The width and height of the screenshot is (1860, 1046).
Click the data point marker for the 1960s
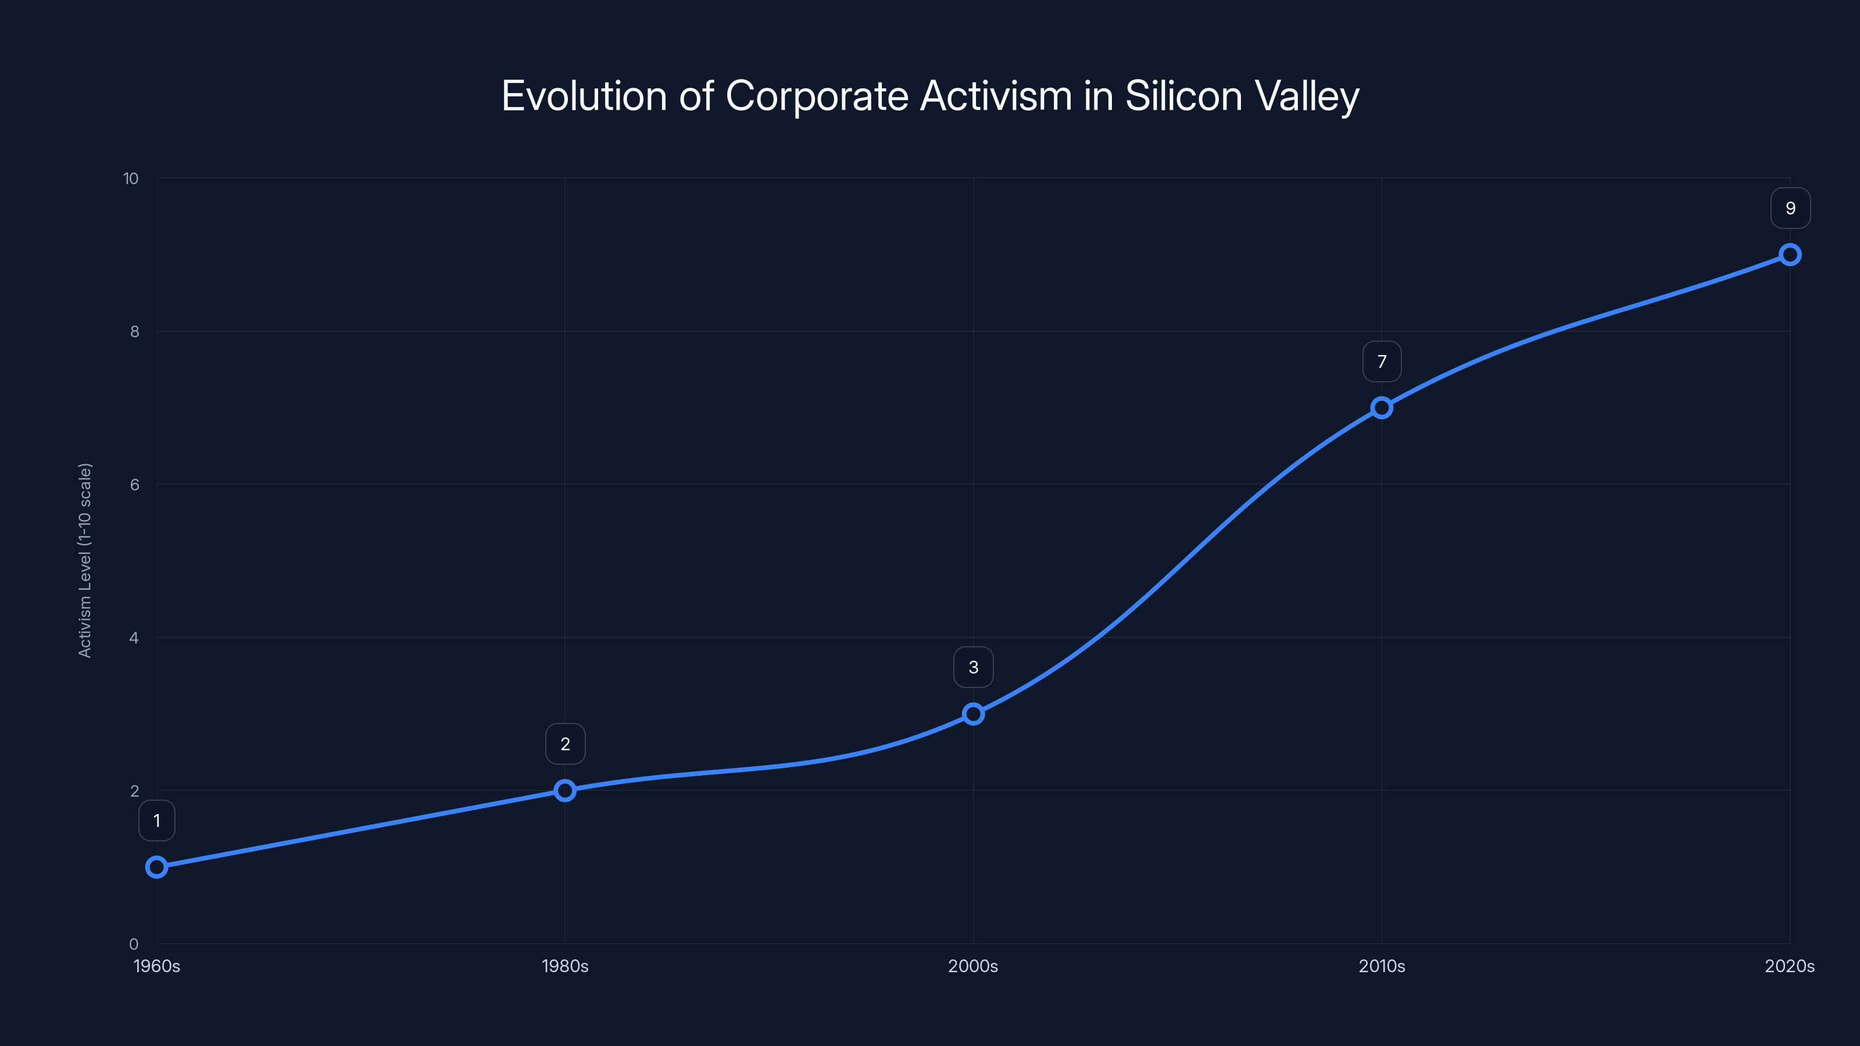(x=157, y=866)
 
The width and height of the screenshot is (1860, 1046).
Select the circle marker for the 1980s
(x=566, y=790)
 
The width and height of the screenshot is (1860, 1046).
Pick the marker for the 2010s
(x=1381, y=408)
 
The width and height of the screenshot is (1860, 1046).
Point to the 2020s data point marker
(x=1790, y=255)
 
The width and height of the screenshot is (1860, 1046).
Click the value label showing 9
(x=1790, y=208)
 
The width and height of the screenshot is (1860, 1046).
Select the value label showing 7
(x=1381, y=361)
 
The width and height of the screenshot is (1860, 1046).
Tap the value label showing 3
(x=974, y=667)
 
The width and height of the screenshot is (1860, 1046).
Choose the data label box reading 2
(x=566, y=744)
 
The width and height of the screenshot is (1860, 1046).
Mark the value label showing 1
(x=157, y=820)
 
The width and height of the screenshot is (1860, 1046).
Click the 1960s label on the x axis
(x=157, y=966)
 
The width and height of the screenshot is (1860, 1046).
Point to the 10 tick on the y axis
(x=131, y=178)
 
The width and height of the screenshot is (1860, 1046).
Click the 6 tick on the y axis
(x=134, y=485)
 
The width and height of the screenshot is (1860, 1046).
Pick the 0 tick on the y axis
(x=134, y=944)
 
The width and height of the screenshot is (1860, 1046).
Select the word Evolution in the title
(x=584, y=95)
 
